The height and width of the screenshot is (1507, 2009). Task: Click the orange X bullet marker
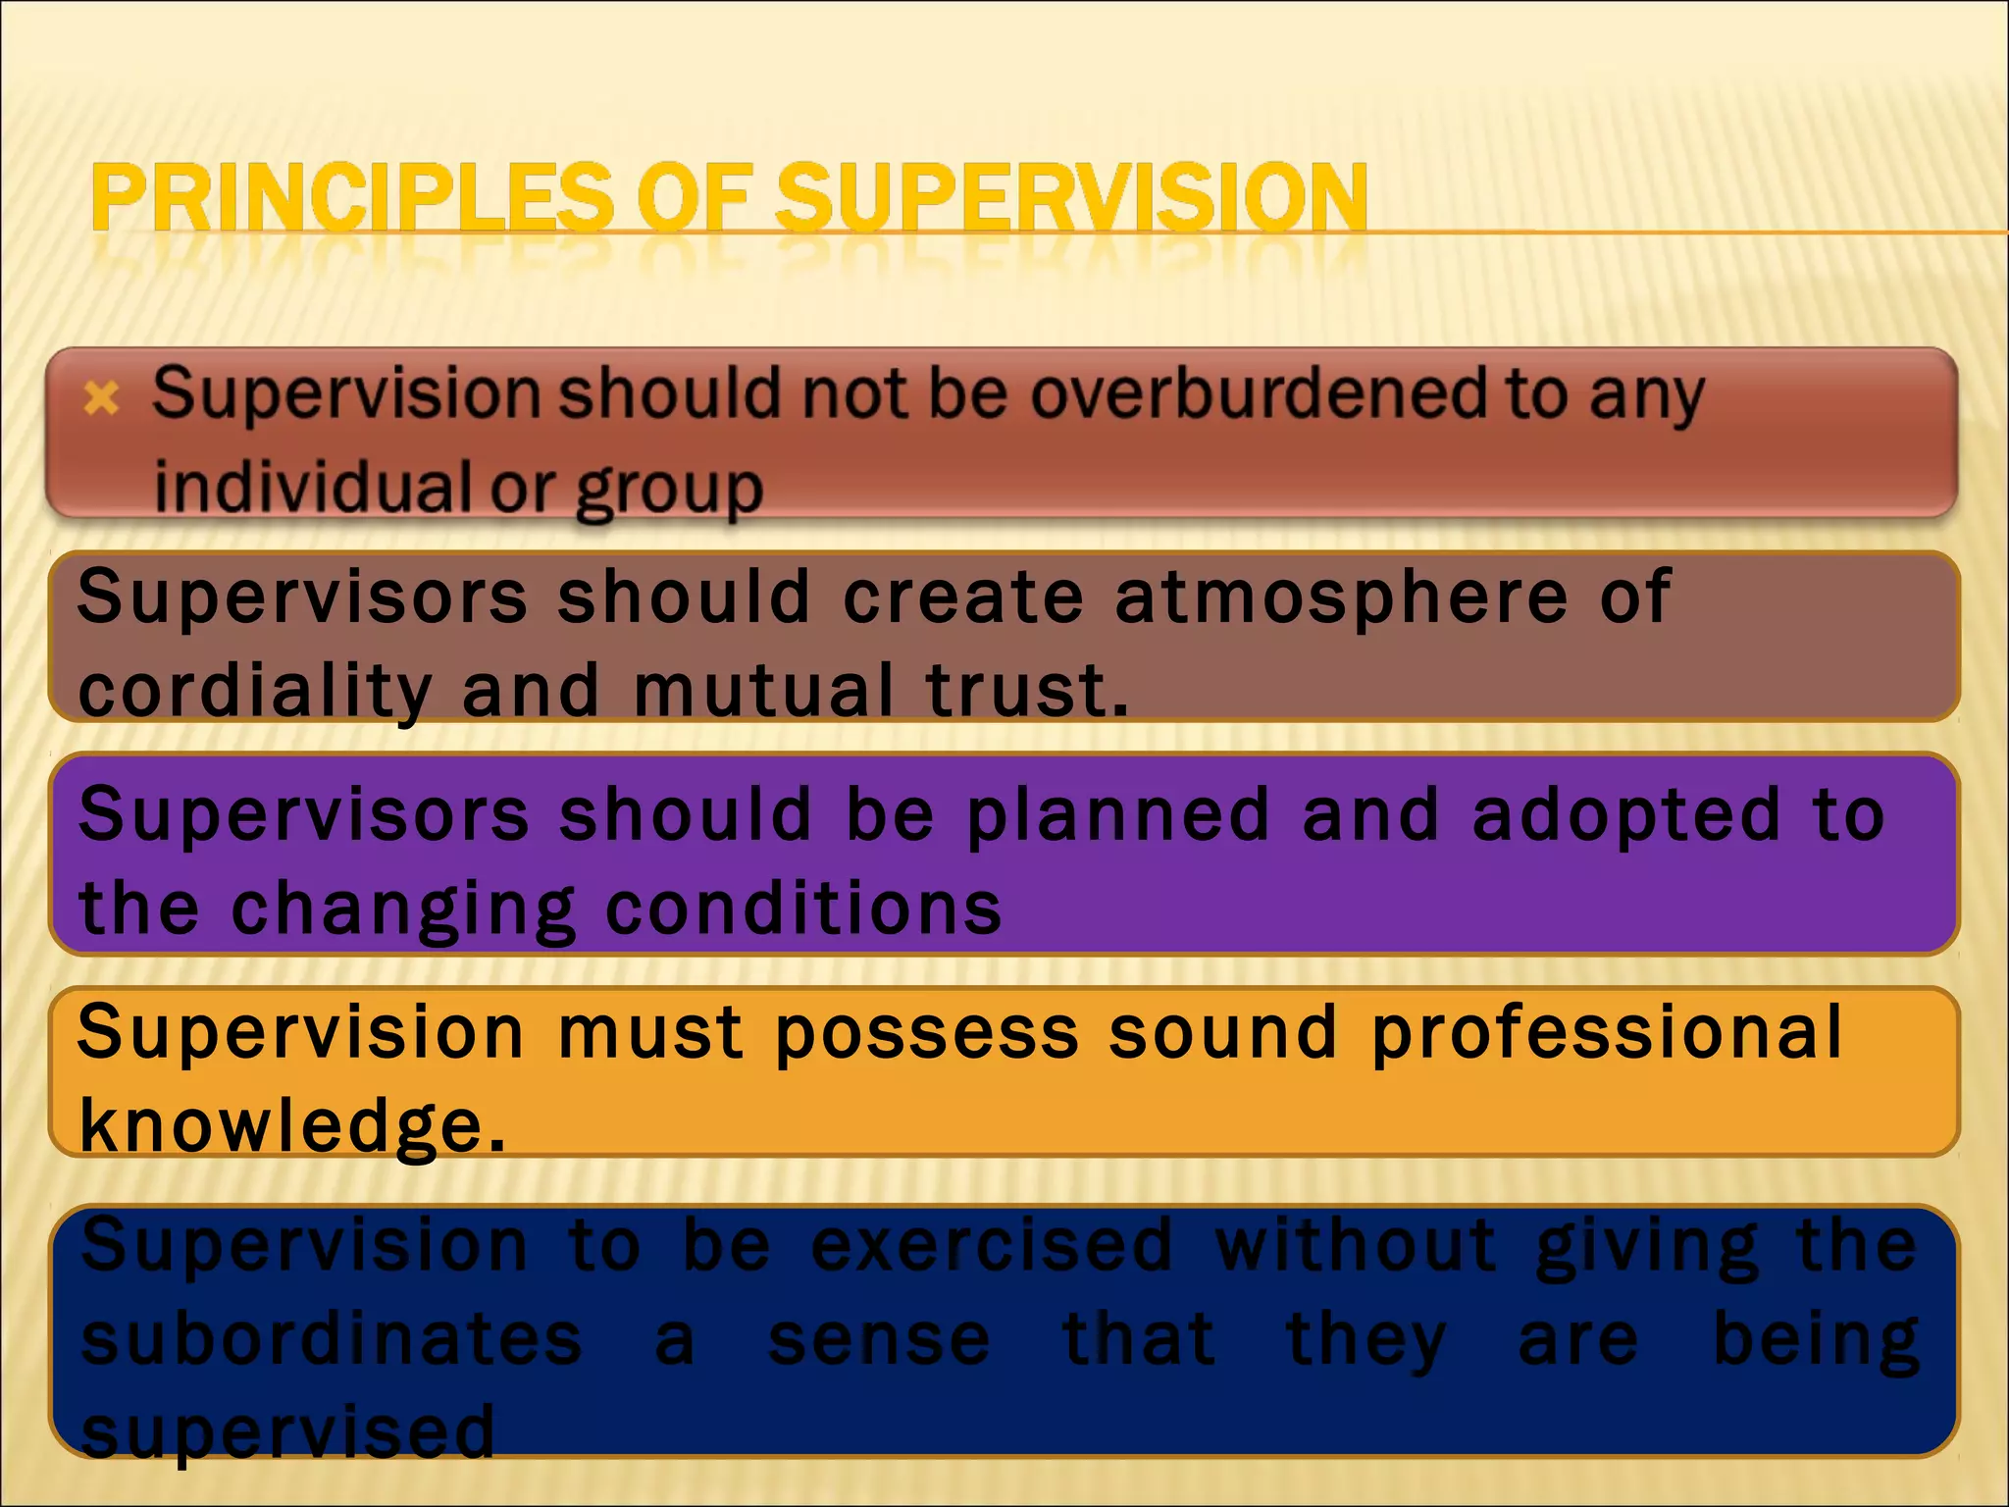click(102, 398)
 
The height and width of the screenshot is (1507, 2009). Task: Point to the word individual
click(314, 487)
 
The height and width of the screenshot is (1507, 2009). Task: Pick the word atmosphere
click(1342, 597)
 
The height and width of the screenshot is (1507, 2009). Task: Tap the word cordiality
click(255, 691)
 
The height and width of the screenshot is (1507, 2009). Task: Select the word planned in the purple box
click(1118, 816)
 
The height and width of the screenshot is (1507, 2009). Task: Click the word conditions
click(804, 909)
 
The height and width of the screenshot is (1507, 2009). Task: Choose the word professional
click(1607, 1034)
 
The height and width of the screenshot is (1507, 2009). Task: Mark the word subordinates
click(332, 1340)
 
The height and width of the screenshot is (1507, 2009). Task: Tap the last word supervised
click(288, 1432)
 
